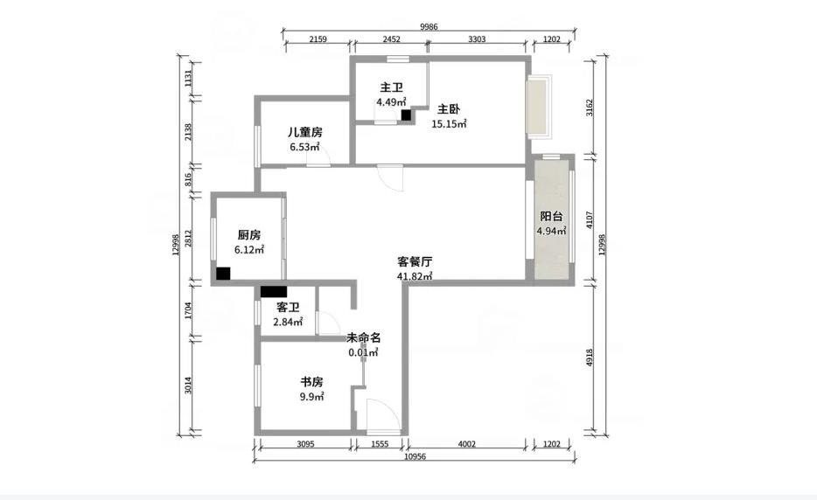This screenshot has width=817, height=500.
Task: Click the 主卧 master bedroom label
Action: [x=448, y=109]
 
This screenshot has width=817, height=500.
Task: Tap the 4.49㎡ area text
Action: [x=391, y=102]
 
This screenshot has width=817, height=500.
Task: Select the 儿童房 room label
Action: [x=304, y=132]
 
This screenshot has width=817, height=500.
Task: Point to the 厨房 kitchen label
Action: [x=249, y=235]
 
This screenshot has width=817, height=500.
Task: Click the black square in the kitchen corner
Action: [x=223, y=274]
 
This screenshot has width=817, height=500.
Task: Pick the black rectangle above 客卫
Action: [x=274, y=292]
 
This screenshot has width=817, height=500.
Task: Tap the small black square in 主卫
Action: [x=406, y=115]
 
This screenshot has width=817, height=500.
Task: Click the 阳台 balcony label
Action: [x=551, y=216]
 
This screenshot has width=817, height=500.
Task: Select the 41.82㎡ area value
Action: [x=415, y=276]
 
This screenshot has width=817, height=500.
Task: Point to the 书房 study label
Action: [x=311, y=382]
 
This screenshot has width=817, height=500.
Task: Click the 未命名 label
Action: [x=364, y=337]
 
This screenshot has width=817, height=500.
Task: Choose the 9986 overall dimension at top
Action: [x=429, y=27]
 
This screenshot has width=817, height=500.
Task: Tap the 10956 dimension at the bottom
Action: [x=415, y=457]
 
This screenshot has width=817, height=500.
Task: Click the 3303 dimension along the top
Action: [x=477, y=39]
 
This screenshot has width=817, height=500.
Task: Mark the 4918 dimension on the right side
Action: [x=590, y=357]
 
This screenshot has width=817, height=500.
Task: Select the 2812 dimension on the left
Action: [x=188, y=239]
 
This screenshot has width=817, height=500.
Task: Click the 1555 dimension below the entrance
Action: [x=380, y=444]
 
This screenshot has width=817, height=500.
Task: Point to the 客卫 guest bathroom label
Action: [x=288, y=308]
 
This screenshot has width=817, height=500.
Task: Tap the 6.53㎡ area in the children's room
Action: [x=304, y=147]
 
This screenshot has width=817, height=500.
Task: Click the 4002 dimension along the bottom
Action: [x=466, y=444]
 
